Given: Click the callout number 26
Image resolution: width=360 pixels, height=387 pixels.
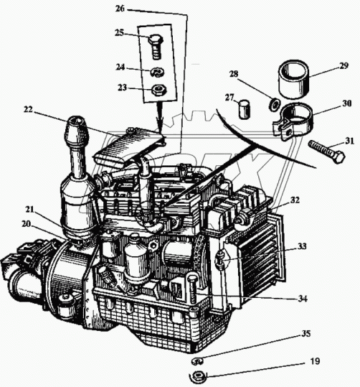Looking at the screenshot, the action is (x=120, y=9).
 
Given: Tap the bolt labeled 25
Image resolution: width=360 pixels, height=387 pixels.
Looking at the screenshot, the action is (x=156, y=47).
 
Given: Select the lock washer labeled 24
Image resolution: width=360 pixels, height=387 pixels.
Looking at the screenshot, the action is (x=158, y=72).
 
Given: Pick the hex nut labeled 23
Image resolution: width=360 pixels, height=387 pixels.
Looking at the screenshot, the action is (x=159, y=90).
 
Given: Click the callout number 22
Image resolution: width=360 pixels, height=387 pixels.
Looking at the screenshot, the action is (x=29, y=109).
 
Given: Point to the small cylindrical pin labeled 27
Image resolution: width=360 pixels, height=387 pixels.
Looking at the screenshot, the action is (x=244, y=108).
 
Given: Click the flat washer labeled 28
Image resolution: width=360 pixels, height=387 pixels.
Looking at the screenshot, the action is (x=274, y=104).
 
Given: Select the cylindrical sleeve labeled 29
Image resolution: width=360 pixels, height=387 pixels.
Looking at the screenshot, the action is (x=294, y=79).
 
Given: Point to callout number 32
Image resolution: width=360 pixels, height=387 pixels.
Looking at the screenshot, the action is (x=295, y=200).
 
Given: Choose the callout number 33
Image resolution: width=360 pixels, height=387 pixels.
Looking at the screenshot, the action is (x=302, y=246).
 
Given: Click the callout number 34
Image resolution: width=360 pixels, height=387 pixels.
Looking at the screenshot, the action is (x=303, y=299).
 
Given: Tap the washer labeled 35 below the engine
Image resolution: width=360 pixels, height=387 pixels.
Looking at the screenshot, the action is (x=197, y=362).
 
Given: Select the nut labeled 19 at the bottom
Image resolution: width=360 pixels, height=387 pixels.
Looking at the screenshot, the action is (x=197, y=376).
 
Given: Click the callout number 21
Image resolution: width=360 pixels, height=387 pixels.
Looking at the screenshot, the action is (x=30, y=210).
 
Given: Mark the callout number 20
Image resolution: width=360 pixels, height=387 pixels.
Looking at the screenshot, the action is (x=26, y=224).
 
